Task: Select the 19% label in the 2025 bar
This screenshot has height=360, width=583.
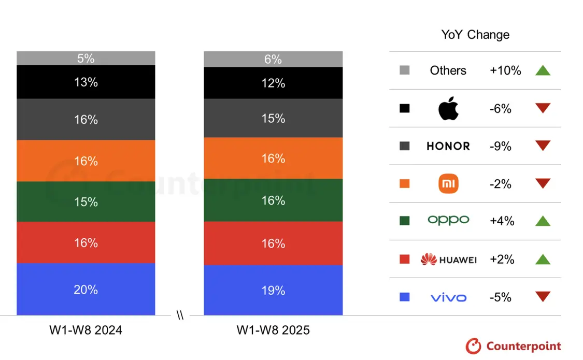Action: click(x=273, y=291)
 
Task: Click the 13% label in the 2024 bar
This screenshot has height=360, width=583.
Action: click(x=86, y=82)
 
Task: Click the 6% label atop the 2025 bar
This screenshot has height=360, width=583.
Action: click(x=273, y=60)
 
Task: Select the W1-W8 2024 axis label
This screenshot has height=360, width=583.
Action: click(x=86, y=330)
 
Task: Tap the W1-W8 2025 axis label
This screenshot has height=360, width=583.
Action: click(x=273, y=330)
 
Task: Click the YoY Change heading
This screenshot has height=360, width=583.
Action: click(x=475, y=35)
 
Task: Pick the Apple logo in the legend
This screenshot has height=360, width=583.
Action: click(x=448, y=109)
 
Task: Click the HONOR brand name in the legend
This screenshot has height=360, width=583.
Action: click(x=448, y=146)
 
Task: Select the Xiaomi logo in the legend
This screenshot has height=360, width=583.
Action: click(x=448, y=184)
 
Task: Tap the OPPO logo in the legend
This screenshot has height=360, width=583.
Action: click(x=448, y=220)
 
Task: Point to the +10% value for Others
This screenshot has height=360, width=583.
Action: click(x=505, y=70)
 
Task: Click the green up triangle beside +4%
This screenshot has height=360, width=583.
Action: click(x=543, y=221)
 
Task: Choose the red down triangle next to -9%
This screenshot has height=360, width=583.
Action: click(x=543, y=146)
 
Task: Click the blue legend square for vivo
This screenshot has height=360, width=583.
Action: click(x=405, y=297)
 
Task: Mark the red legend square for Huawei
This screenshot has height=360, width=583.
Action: click(x=405, y=259)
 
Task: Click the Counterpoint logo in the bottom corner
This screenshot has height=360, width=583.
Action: click(x=513, y=346)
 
